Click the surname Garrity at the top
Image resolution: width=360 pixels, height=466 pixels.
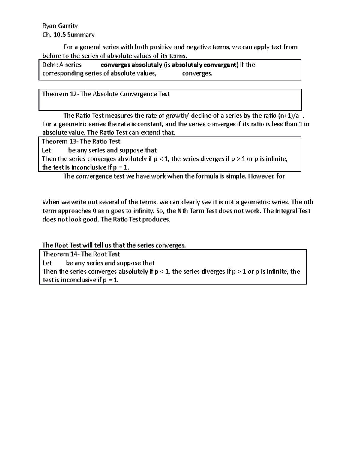[x=68, y=26]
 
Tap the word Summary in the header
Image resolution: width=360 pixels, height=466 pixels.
[x=81, y=35]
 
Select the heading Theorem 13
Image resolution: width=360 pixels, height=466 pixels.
[x=60, y=142]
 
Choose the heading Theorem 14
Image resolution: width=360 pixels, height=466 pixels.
[x=60, y=254]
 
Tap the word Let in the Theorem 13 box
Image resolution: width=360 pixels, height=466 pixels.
[x=46, y=150]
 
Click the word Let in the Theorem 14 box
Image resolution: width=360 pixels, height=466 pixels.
[x=47, y=263]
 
